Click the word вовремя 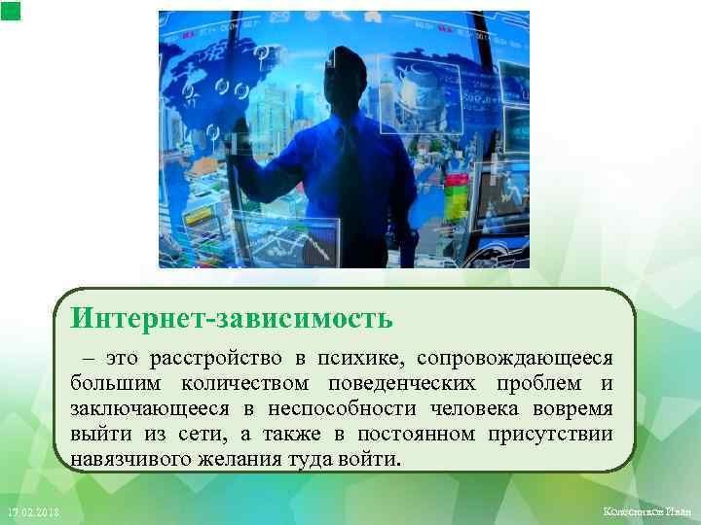tap(567, 408)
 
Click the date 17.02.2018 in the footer tap(31, 512)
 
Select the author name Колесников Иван tap(646, 512)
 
